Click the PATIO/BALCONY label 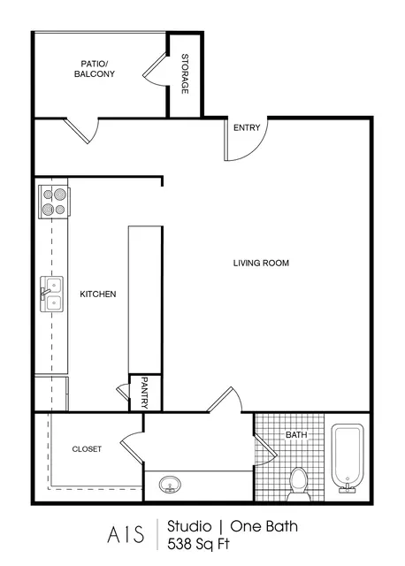[95, 69]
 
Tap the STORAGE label [185, 73]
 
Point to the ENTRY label [247, 127]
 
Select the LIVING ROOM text [261, 263]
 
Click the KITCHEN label [98, 294]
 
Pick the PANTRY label [144, 393]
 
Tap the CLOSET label [87, 449]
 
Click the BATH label [296, 434]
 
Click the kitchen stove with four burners [54, 202]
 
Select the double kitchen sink [51, 294]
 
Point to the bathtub [348, 458]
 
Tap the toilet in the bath [299, 484]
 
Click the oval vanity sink [170, 484]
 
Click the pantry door [123, 392]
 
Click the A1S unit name [126, 534]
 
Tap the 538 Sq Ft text [198, 544]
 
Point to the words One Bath [264, 526]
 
